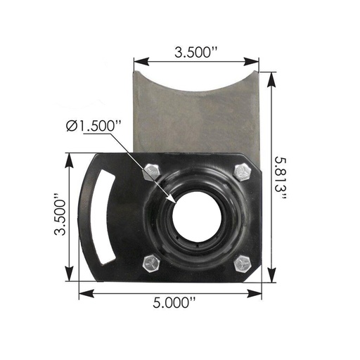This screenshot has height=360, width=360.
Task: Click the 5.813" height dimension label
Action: click(x=281, y=178)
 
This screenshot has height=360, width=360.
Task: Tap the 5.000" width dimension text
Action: click(x=174, y=302)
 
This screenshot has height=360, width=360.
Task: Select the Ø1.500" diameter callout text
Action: click(x=94, y=126)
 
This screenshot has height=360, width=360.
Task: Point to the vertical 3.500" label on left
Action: click(x=60, y=214)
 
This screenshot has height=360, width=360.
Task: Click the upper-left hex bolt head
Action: click(x=152, y=172)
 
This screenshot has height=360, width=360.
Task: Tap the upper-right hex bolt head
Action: click(x=243, y=173)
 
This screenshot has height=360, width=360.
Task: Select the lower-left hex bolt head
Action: click(x=152, y=264)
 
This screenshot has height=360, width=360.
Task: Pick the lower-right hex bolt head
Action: click(x=243, y=264)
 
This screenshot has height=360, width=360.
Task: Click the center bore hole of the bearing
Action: click(x=197, y=217)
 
